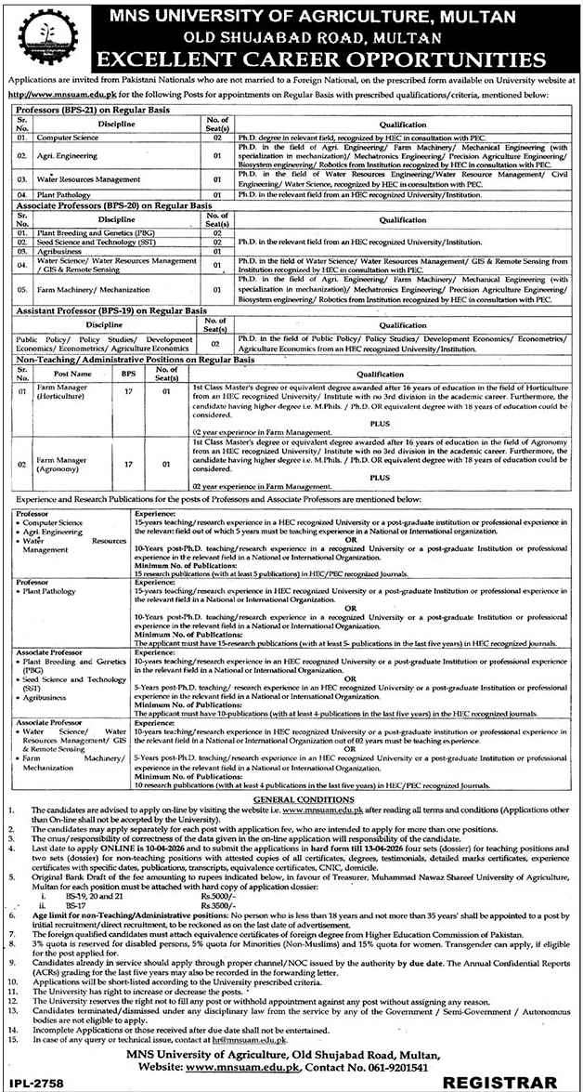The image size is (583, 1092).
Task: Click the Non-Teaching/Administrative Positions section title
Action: pyautogui.click(x=114, y=357)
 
